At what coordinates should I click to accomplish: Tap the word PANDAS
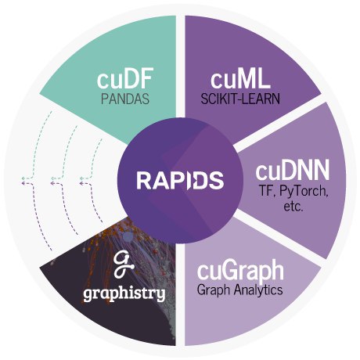coord(125,99)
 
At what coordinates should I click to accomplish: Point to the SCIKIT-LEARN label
coord(240,99)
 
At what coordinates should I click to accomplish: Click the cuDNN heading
coord(293,171)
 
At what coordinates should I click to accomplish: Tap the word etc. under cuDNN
coord(293,207)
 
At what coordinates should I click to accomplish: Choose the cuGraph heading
coord(240,271)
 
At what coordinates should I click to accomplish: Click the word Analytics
coord(258,290)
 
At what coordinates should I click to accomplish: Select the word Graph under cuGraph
coord(214,290)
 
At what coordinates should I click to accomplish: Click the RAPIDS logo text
coord(180,180)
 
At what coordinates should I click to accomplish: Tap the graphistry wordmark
coord(124,294)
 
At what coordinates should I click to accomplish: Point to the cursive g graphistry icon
coord(124,265)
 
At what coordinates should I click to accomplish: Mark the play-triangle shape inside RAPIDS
coord(189,180)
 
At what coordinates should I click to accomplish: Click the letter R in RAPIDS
coord(143,180)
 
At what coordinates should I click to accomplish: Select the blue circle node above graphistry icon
coord(128,237)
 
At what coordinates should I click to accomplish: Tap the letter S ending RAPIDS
coord(218,180)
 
